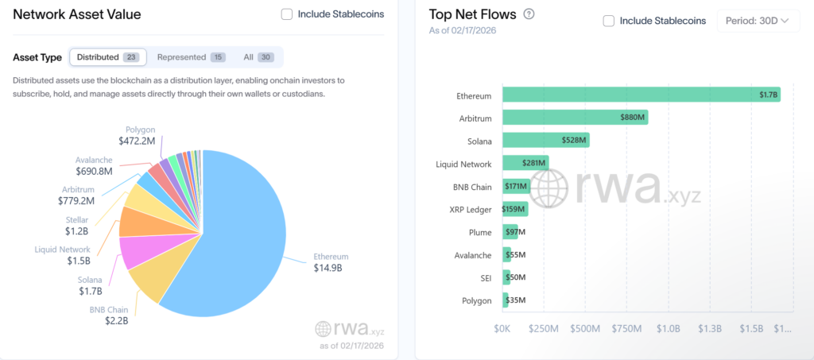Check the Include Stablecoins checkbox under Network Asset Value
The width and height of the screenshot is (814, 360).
coord(286,14)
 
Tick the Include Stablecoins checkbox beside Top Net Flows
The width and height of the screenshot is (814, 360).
coord(609,21)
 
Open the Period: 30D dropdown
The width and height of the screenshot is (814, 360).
coord(758,21)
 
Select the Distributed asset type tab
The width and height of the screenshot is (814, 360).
coord(107,57)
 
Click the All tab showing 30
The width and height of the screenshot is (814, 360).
coord(258,57)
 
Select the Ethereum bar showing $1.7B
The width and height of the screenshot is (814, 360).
coord(641,95)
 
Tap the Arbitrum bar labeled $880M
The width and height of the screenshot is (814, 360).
coord(575,118)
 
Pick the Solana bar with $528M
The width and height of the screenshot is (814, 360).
coord(545,141)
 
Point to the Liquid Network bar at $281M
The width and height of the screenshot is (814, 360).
coord(525,164)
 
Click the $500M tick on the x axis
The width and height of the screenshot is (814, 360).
coord(584,328)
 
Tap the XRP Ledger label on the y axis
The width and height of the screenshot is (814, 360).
coord(470,210)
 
